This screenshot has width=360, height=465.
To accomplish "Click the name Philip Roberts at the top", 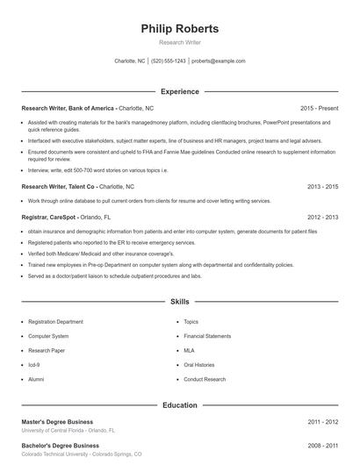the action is point(179,29).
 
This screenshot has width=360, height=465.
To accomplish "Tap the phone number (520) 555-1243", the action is point(169,61).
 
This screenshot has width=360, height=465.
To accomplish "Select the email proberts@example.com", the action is point(218,61).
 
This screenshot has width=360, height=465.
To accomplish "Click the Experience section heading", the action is point(179,91).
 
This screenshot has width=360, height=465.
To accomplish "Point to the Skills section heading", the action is point(179,300).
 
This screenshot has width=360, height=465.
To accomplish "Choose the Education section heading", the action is point(179,405).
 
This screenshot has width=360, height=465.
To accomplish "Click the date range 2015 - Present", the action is point(319,108).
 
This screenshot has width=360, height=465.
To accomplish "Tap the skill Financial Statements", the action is point(207,336).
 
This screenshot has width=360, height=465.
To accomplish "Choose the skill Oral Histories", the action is point(199,364).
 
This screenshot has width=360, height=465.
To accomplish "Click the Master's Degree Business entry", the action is point(57,422).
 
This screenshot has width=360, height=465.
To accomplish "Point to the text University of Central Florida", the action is point(54,431).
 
